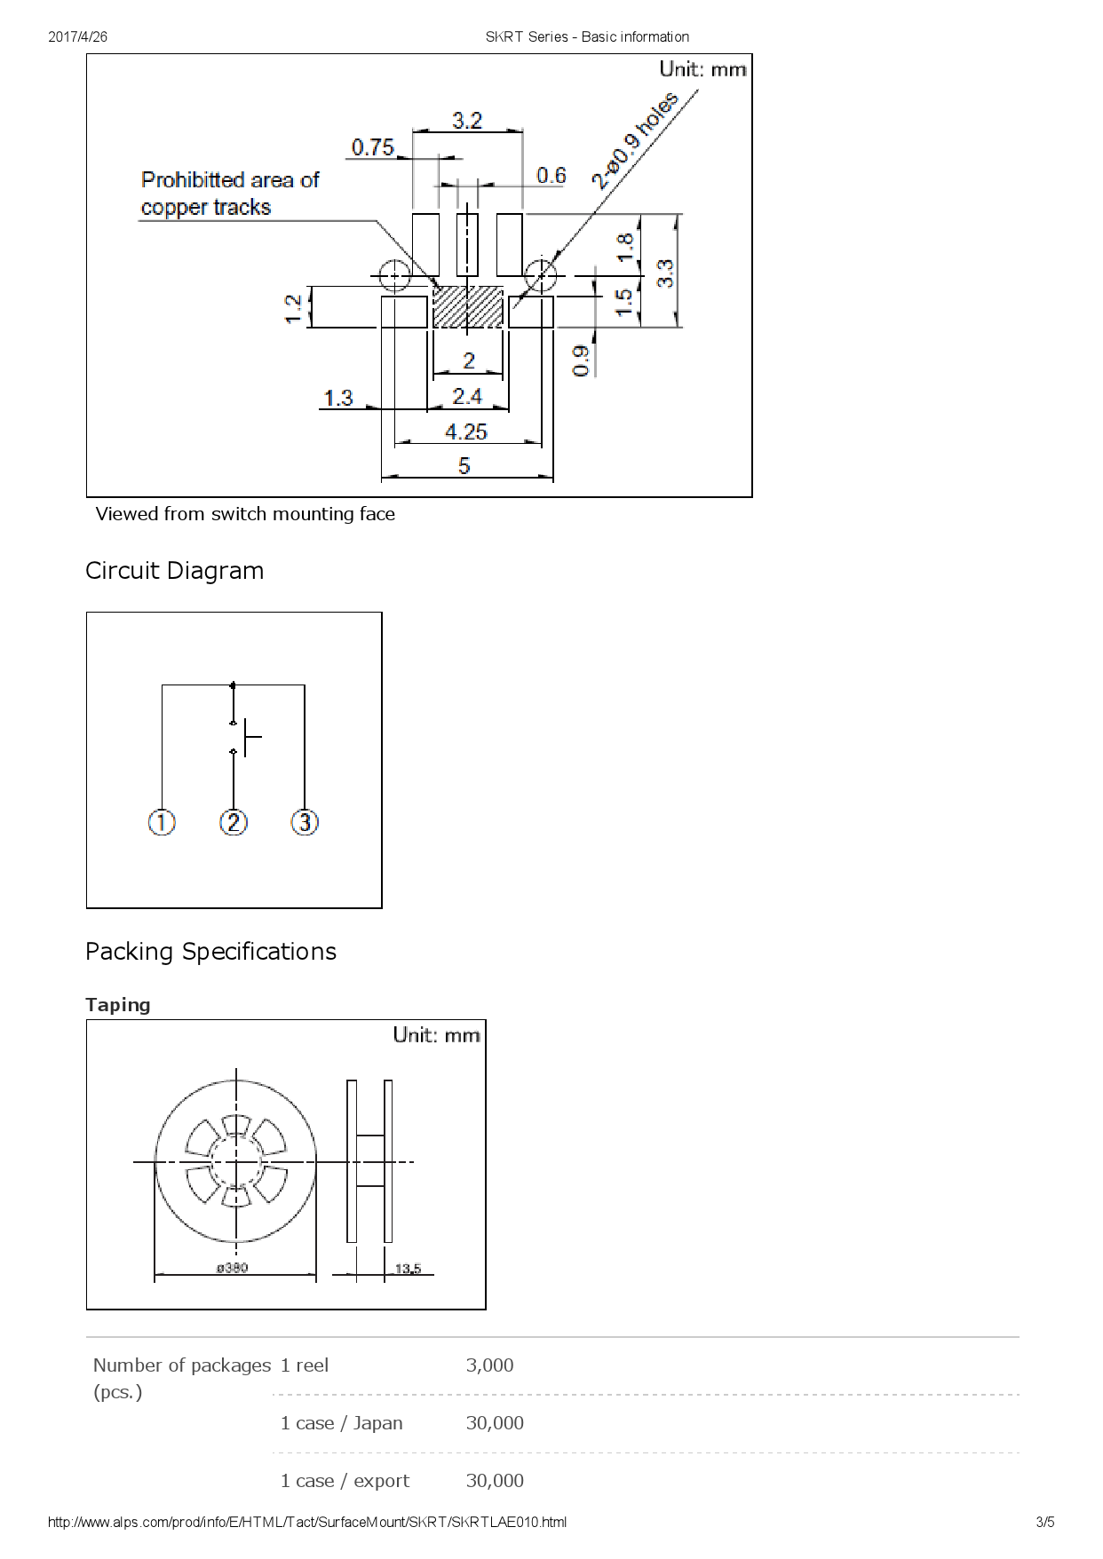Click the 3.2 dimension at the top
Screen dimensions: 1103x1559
click(467, 120)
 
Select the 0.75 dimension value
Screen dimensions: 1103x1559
click(373, 146)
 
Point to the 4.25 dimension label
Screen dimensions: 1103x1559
click(466, 431)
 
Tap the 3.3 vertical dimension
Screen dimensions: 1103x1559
click(665, 273)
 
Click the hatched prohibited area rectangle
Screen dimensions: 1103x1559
click(467, 306)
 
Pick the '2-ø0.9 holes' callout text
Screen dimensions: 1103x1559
click(636, 140)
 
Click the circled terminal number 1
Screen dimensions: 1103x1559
click(162, 822)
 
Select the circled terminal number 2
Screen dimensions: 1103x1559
click(234, 822)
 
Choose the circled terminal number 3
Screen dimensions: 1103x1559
click(305, 822)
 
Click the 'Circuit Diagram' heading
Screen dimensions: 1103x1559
click(175, 570)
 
